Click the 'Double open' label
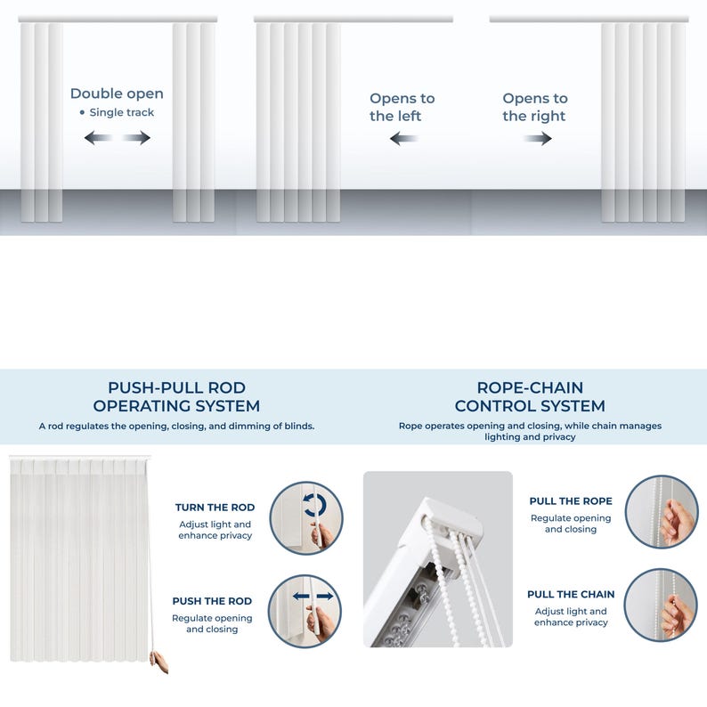tap(117, 93)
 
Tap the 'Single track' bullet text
tap(121, 112)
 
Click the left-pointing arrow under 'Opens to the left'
tap(403, 138)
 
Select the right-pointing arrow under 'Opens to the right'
tap(538, 138)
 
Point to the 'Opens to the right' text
tap(534, 107)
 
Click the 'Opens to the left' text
tap(402, 107)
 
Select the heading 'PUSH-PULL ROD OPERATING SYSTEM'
tap(176, 397)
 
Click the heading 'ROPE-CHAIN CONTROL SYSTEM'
tap(530, 397)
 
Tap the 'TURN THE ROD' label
tap(215, 508)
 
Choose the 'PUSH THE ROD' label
tap(212, 601)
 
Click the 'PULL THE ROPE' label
tap(571, 501)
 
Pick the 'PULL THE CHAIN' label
tap(571, 594)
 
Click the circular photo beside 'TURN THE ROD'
tap(305, 518)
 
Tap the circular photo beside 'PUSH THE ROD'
tap(305, 611)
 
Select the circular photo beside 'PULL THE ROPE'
tap(661, 512)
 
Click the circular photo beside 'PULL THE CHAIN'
tap(661, 605)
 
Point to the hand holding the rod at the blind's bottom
tap(159, 662)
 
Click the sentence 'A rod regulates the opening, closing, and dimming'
tap(176, 427)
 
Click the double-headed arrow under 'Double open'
tap(118, 137)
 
